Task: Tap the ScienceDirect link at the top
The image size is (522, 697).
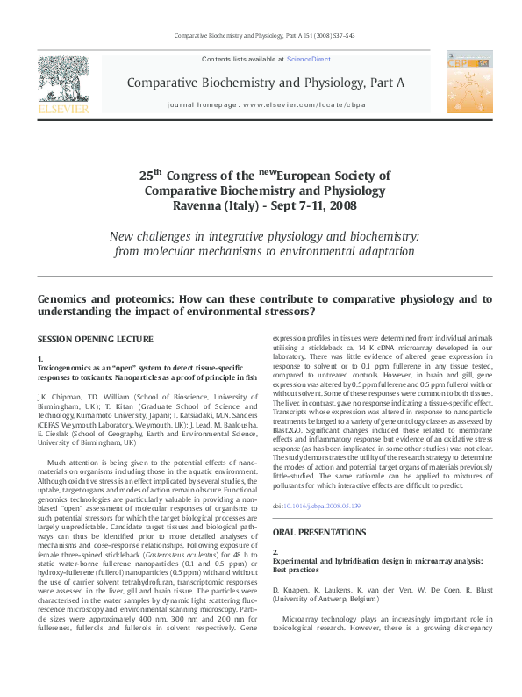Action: click(x=308, y=59)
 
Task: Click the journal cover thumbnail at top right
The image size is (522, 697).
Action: click(x=469, y=80)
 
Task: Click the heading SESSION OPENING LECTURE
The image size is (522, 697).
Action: click(x=95, y=339)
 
